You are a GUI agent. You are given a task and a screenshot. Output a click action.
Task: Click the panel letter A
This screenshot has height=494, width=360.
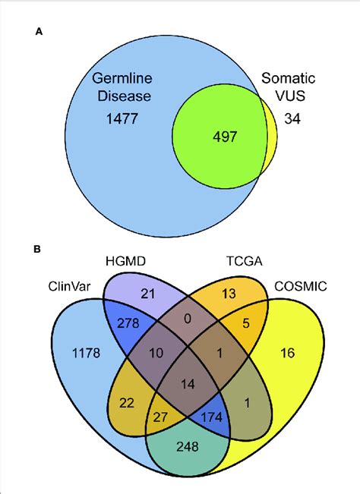click(x=39, y=33)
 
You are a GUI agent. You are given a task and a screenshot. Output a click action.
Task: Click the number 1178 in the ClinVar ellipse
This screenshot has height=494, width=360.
click(x=85, y=352)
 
